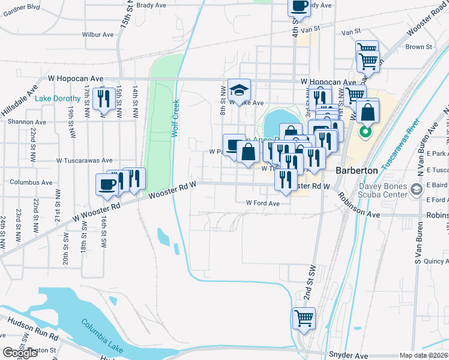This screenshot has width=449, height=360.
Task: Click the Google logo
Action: pyautogui.click(x=20, y=353)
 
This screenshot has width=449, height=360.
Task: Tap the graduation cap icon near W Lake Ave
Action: pyautogui.click(x=239, y=90)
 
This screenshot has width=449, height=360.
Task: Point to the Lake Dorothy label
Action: pyautogui.click(x=58, y=98)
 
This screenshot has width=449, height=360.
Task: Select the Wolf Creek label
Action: pyautogui.click(x=176, y=118)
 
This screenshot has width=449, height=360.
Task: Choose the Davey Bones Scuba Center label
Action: pyautogui.click(x=379, y=190)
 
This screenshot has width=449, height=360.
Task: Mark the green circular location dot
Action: pyautogui.click(x=364, y=131)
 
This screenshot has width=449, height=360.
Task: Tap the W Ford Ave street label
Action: pyautogui.click(x=263, y=203)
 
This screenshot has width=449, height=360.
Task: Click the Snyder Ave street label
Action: pyautogui.click(x=348, y=355)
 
